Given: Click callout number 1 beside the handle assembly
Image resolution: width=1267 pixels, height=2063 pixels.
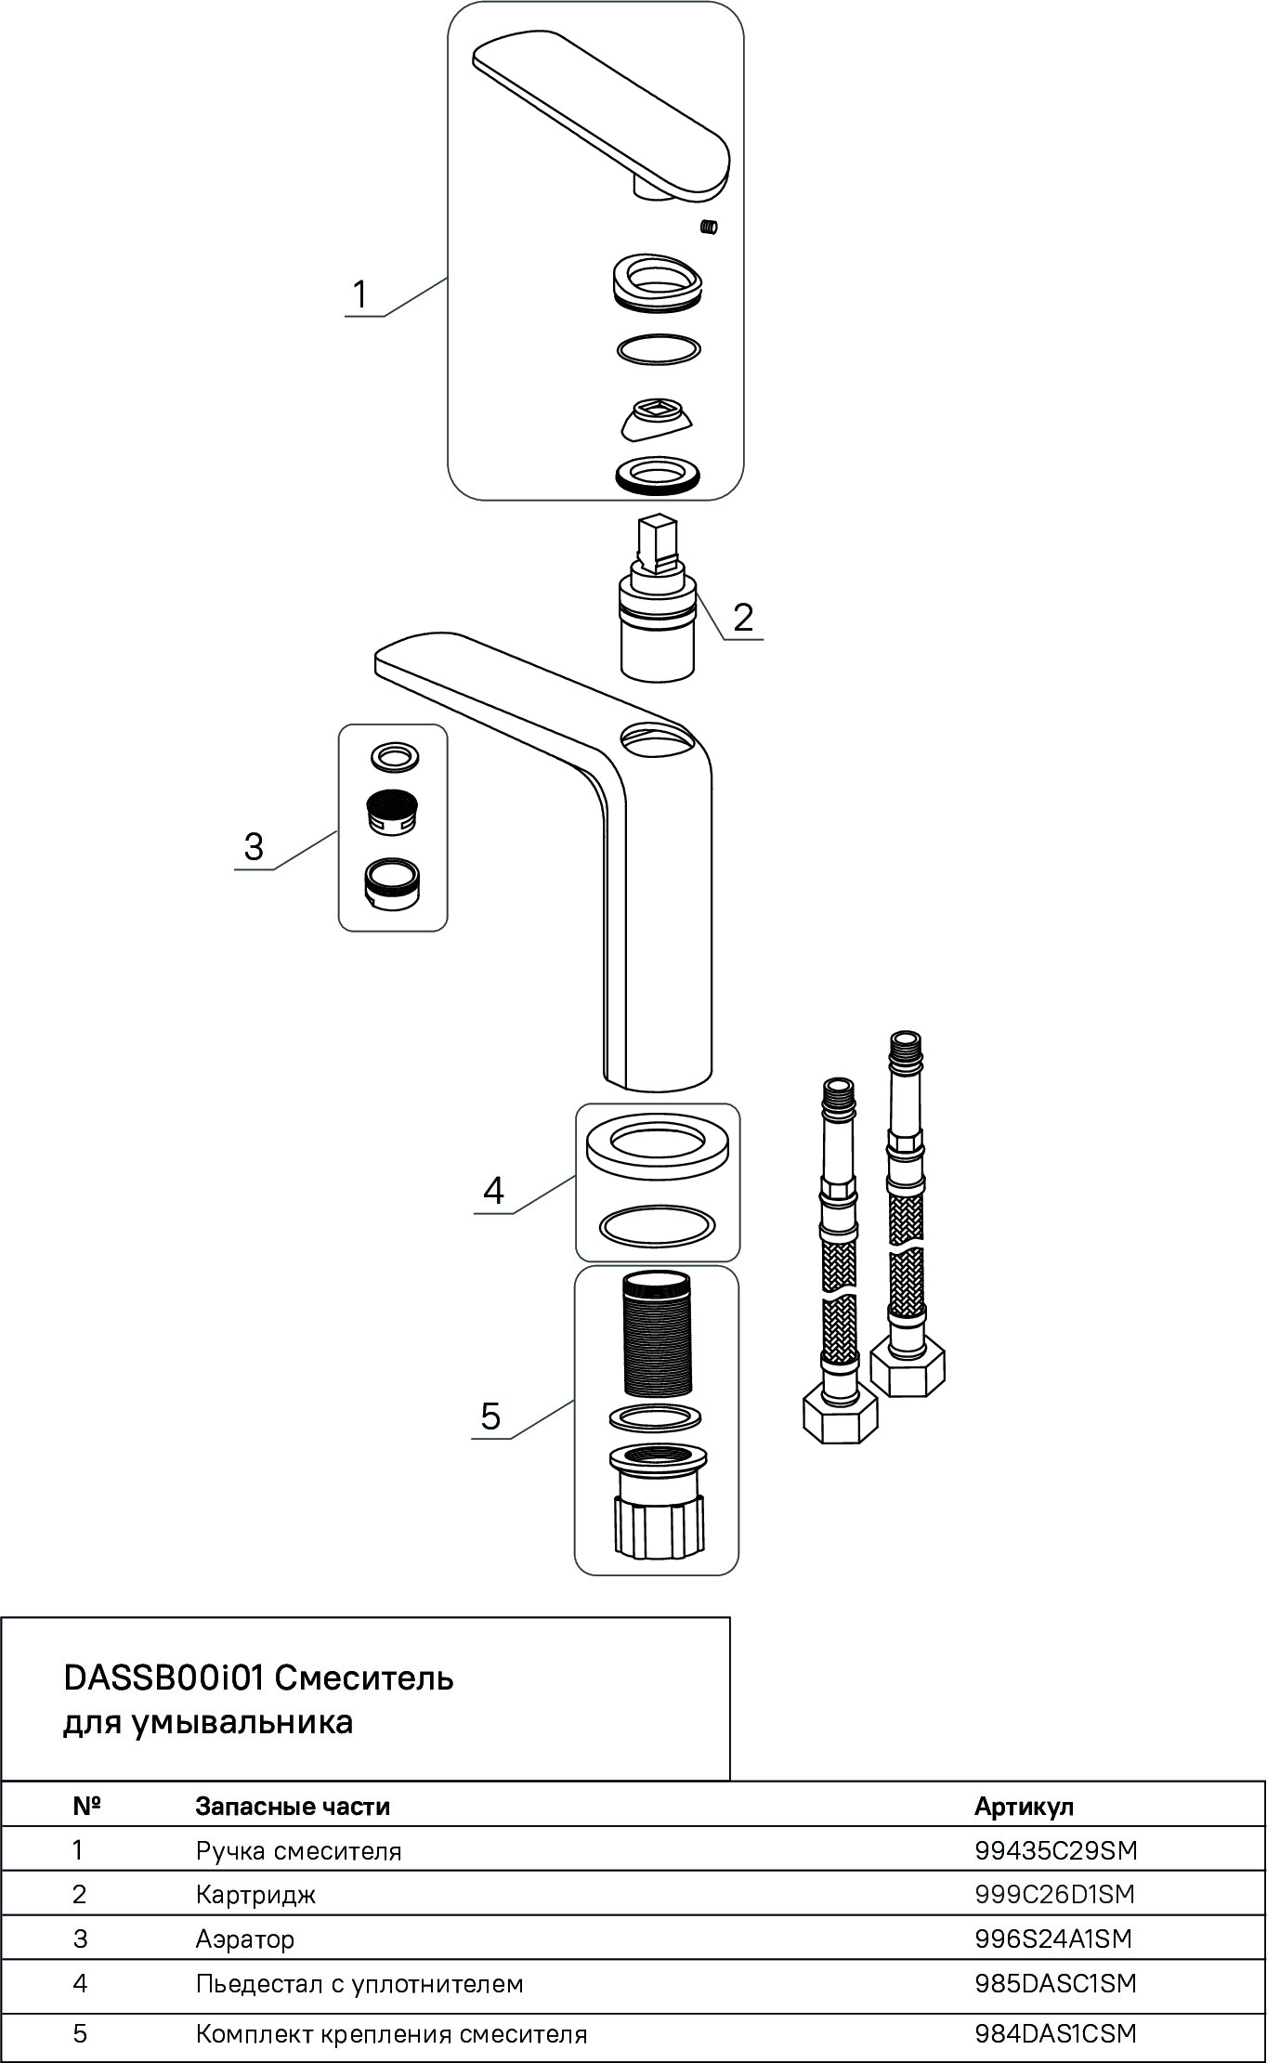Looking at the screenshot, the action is (359, 294).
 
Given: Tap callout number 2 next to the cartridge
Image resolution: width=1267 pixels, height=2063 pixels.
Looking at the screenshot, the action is (743, 618).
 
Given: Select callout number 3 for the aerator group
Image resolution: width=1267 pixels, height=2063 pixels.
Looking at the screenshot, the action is (254, 847).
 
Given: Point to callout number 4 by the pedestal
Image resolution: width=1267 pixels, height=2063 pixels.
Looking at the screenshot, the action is (493, 1190).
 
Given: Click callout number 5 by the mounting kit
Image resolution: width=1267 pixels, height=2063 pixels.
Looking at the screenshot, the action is (490, 1417).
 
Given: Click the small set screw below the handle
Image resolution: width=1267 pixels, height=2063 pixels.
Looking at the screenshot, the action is (711, 227).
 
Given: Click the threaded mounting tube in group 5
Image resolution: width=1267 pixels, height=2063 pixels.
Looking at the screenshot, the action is (657, 1335).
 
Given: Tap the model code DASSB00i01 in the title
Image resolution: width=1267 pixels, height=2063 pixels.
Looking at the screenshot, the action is (164, 1678).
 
